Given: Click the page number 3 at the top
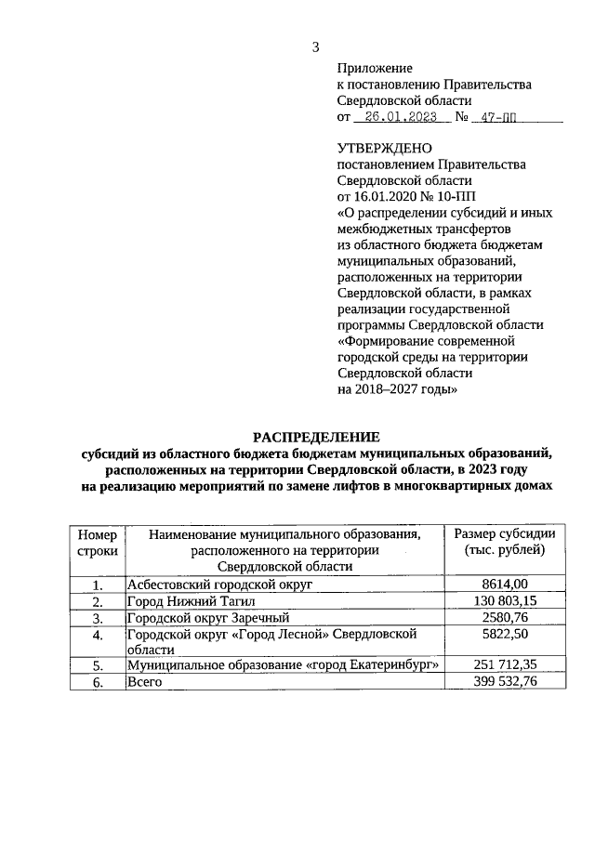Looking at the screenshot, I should coord(315,47).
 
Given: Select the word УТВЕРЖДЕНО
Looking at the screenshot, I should coord(384,148).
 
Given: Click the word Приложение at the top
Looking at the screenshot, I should coord(374,68).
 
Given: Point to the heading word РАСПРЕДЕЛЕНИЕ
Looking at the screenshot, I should coord(317,437).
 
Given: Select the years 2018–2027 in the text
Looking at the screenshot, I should coord(390,390).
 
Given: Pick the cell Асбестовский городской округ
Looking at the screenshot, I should coord(218,584).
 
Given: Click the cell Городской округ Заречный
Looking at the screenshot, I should coord(209,617).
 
